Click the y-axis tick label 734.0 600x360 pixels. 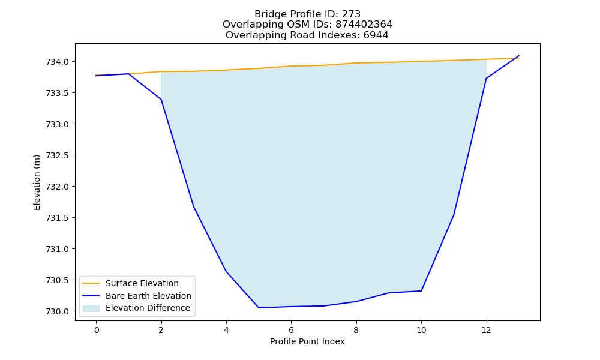tap(57, 62)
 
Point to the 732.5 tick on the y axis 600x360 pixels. tap(57, 156)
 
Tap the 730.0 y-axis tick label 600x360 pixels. tap(57, 311)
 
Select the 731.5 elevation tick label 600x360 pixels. tap(57, 218)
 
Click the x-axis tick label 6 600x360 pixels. tap(291, 330)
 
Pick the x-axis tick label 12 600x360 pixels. tap(487, 330)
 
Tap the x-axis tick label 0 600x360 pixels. tap(97, 330)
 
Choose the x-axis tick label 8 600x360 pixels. tap(356, 330)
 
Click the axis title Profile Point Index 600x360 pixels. tap(307, 341)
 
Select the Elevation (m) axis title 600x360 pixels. tap(37, 182)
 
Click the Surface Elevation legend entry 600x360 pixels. tap(142, 283)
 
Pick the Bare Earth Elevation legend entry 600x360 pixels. tap(148, 296)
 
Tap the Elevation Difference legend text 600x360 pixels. tap(148, 308)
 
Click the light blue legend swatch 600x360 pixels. tap(91, 308)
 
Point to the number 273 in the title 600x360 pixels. tap(351, 14)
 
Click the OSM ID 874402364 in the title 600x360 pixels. tap(364, 25)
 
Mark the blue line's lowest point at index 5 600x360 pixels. tap(259, 308)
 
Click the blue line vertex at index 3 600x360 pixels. tap(194, 206)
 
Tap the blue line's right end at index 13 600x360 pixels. tap(519, 56)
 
